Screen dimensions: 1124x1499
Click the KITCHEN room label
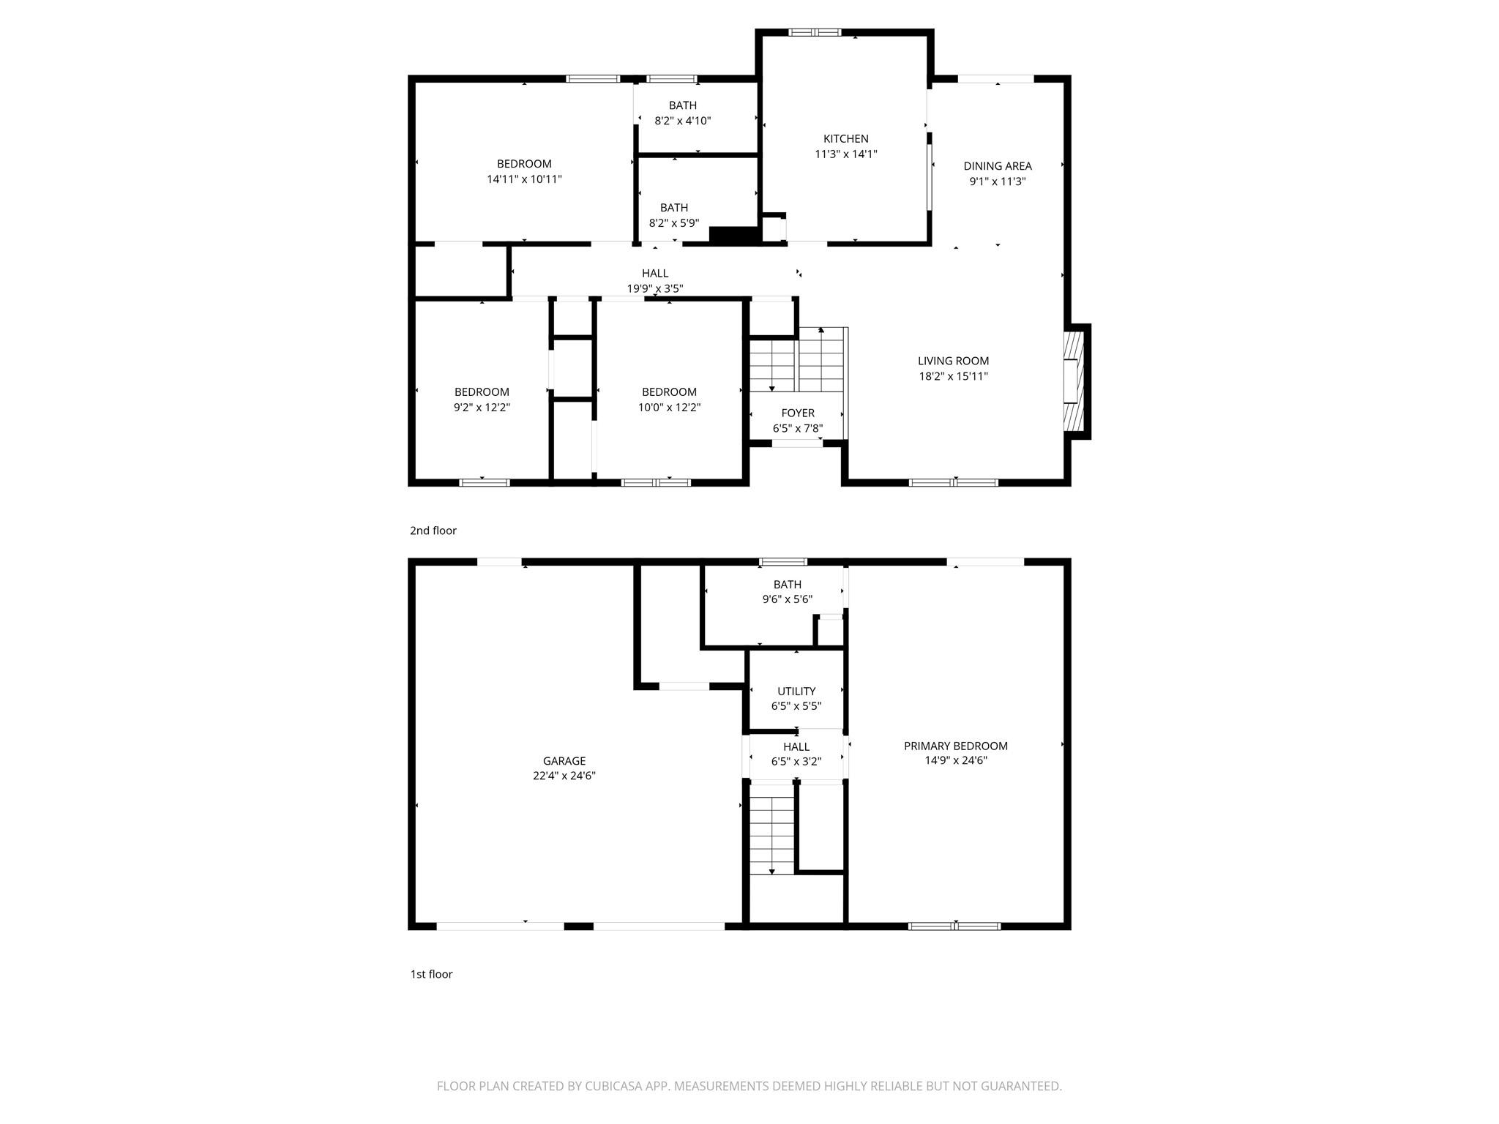click(x=845, y=138)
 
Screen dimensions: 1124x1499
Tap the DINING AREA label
click(x=997, y=166)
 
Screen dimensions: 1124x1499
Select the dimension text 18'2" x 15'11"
click(x=954, y=376)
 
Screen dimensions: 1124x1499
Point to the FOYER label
click(x=797, y=413)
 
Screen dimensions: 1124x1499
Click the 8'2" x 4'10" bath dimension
click(x=682, y=121)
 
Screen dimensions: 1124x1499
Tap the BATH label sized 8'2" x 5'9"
click(x=673, y=208)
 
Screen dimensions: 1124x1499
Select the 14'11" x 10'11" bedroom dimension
click(x=524, y=179)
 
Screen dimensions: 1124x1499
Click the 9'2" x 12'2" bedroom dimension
click(x=482, y=408)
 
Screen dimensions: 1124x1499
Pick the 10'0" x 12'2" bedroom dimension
click(x=669, y=408)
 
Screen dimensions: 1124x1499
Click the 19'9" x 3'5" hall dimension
click(x=654, y=288)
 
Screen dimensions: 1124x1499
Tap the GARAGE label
click(x=564, y=761)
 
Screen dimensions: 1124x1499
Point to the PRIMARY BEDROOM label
click(x=955, y=746)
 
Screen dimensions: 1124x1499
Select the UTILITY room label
click(x=796, y=691)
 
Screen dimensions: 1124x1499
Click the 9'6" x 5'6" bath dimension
click(x=787, y=599)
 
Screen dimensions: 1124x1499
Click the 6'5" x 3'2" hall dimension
click(x=796, y=761)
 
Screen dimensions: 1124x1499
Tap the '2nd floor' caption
click(x=433, y=531)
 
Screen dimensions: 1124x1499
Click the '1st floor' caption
click(x=431, y=974)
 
